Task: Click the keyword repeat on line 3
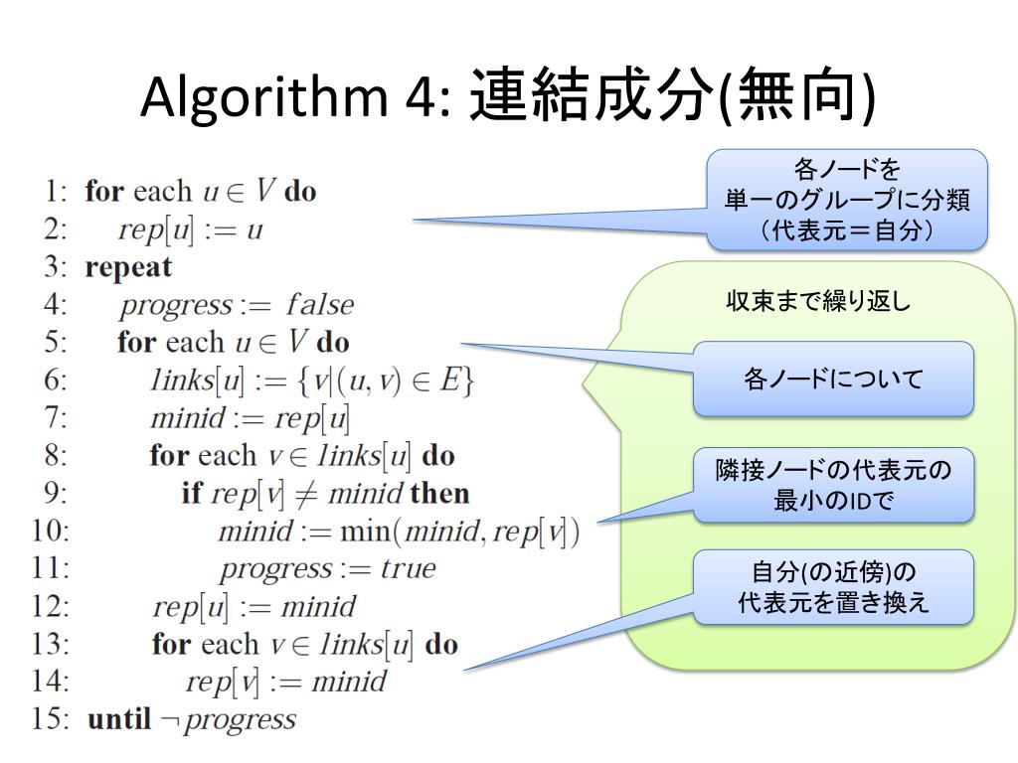128,267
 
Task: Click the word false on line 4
319,305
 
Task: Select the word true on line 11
408,569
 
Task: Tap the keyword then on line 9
439,494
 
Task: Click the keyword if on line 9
191,494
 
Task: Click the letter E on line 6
449,381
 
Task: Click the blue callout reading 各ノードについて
833,379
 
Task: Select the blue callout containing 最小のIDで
833,486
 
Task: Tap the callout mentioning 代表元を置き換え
833,587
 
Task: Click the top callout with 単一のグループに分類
847,200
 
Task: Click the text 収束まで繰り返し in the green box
818,302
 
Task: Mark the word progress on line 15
241,719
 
